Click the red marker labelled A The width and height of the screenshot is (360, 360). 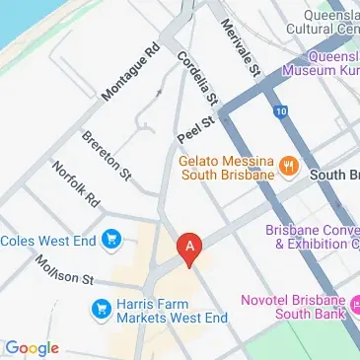point(188,247)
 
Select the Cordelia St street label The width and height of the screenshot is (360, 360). point(197,79)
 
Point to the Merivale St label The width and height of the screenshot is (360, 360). point(240,48)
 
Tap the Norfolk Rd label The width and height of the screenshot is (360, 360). point(77,184)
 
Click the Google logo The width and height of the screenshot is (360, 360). point(32,348)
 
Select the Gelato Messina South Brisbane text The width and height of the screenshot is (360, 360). point(226,168)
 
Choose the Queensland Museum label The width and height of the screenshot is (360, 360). point(321,63)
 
